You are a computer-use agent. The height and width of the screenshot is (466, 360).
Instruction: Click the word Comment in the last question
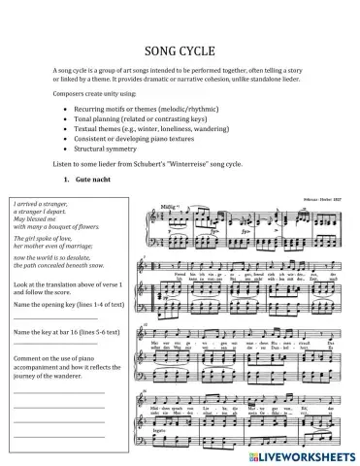point(32,356)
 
